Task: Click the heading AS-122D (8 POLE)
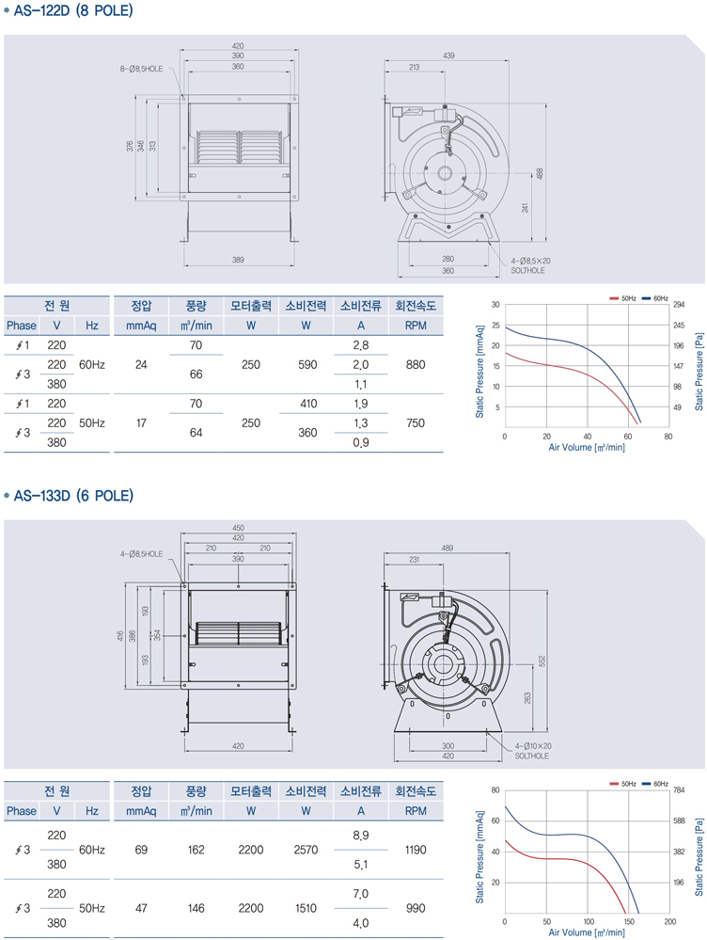73,10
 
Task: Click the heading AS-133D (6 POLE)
73,496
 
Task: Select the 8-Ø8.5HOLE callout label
141,69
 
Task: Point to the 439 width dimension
448,56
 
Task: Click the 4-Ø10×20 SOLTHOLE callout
533,751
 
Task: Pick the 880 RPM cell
416,364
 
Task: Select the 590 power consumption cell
307,364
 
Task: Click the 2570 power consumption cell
306,850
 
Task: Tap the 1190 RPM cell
416,850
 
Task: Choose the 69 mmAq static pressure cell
141,850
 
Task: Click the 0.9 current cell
361,442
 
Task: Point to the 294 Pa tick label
678,305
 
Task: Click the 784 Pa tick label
678,790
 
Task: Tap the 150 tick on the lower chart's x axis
629,922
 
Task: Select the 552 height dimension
542,661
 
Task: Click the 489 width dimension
447,548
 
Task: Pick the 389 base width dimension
238,261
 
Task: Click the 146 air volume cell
196,908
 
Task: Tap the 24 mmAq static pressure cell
141,364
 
